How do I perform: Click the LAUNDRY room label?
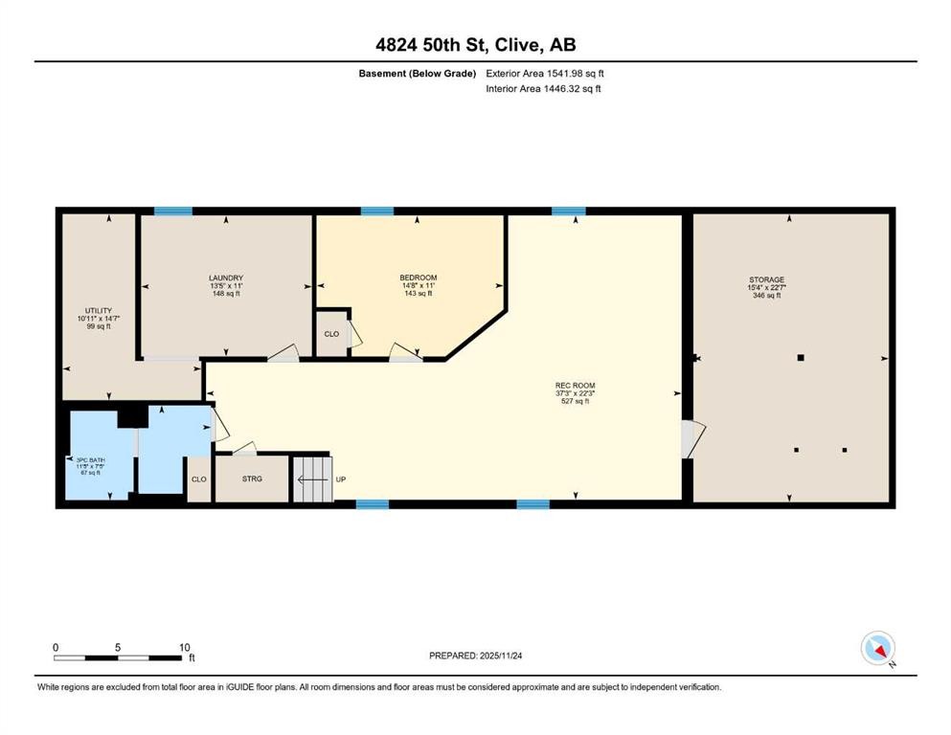pos(225,278)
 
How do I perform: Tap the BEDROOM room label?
pos(418,278)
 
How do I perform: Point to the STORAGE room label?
pos(766,280)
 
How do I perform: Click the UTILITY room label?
pos(95,310)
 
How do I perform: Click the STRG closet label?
pos(252,479)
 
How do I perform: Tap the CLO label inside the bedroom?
pos(331,334)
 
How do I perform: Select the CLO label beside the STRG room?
pos(198,479)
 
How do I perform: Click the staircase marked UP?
pos(312,478)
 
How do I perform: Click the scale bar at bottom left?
pos(120,657)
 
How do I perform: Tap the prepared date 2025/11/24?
pos(476,656)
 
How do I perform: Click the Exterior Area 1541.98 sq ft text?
pos(545,73)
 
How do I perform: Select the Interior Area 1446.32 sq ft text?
pos(543,89)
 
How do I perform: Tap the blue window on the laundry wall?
pos(173,212)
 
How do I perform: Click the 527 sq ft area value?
pos(575,401)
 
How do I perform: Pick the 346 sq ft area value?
pos(766,296)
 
